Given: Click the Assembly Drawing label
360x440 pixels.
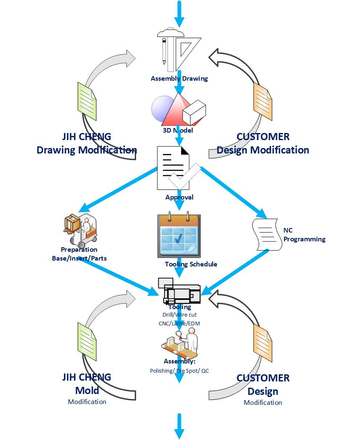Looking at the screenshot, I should tap(179, 78).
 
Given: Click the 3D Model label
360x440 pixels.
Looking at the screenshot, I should tap(178, 130).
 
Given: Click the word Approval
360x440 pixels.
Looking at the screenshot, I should tap(179, 197).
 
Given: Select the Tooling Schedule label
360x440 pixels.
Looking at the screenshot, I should tap(191, 264).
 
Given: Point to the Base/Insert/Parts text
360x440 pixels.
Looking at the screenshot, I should tap(79, 258).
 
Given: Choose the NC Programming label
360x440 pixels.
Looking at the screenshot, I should tap(304, 235).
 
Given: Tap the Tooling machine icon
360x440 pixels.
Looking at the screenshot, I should tap(179, 291).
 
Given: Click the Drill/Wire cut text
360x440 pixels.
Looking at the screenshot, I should tap(179, 315).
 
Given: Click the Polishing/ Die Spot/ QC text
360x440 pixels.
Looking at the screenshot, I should tap(179, 370).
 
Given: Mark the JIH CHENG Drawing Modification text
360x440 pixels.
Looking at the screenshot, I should tap(87, 143).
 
